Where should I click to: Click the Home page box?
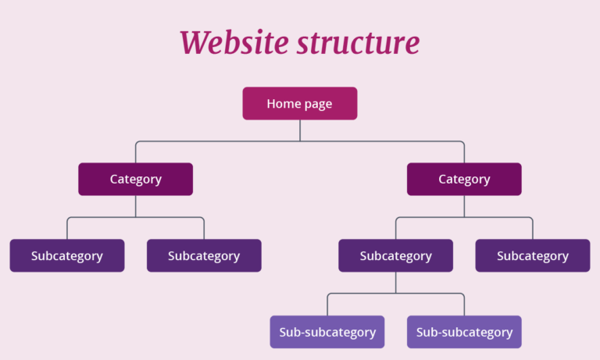[299, 103]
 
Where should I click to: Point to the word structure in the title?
[358, 43]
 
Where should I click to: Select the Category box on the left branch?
[135, 179]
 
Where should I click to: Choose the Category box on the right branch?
[464, 179]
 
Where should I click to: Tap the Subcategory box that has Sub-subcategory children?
[395, 255]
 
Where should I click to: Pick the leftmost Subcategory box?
[66, 255]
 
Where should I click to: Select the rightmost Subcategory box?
[532, 255]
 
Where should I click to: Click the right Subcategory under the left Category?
[204, 255]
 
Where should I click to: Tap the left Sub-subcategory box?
[327, 332]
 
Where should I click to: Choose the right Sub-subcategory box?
[464, 332]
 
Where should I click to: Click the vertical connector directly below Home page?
[300, 130]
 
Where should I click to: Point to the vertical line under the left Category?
[136, 206]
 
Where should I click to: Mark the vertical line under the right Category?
[464, 206]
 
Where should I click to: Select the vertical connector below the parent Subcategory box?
[395, 283]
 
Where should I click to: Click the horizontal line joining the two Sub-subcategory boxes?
[395, 294]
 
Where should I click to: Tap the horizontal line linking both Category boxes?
[300, 141]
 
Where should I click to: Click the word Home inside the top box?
[282, 103]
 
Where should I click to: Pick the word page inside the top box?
[317, 104]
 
